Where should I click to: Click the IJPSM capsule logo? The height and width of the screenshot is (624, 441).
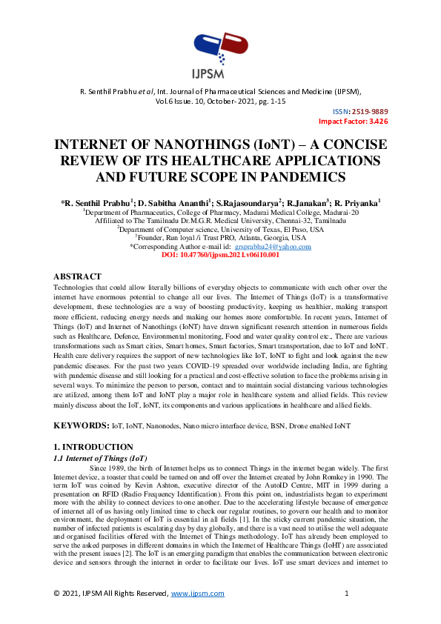click(219, 45)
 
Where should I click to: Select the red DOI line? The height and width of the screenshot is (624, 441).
click(220, 255)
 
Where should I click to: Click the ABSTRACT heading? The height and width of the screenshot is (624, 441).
click(78, 275)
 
